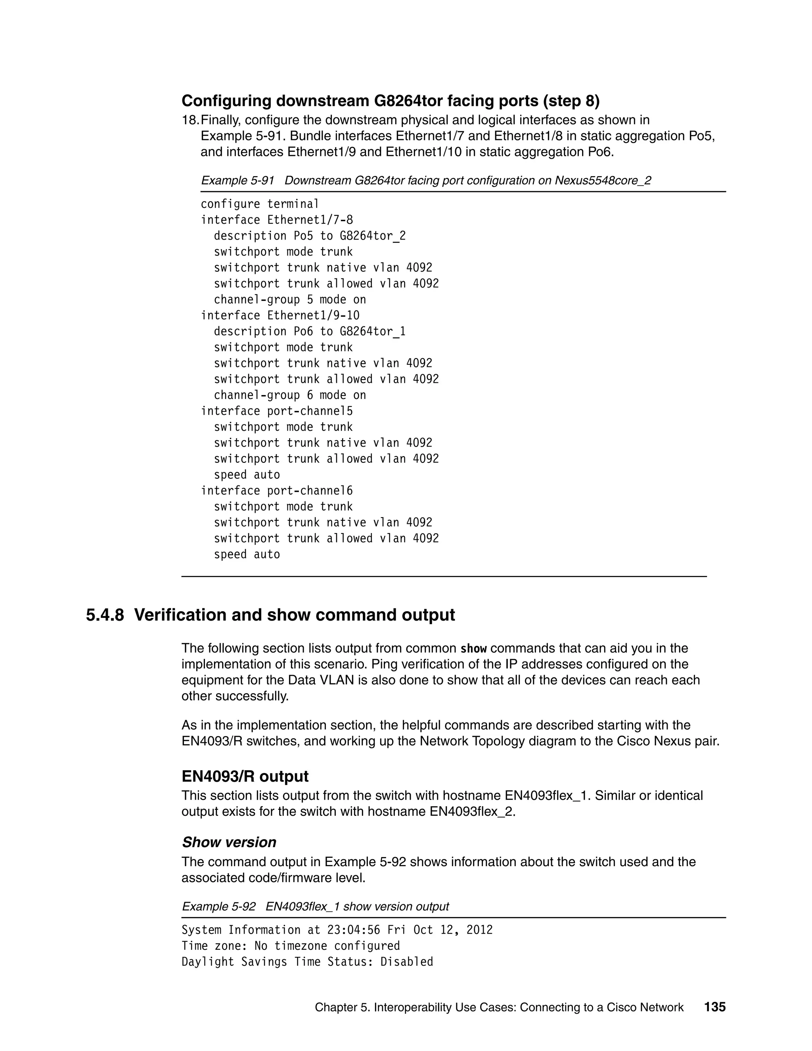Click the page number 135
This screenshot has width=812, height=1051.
coord(714,1007)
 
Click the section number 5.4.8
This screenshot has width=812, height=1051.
coord(105,615)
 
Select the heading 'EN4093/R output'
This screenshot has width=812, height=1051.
coord(245,776)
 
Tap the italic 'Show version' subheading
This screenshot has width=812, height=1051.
coord(229,842)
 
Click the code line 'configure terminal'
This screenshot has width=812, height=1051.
coord(260,204)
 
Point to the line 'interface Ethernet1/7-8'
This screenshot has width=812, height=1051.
coord(277,220)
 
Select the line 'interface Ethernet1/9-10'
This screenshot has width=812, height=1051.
coord(280,315)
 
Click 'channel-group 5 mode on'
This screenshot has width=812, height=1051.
coord(289,299)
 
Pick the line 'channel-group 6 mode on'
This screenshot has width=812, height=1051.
coord(289,395)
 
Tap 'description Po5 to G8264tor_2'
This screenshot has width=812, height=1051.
coord(309,236)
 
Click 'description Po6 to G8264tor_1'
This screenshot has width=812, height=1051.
coord(309,331)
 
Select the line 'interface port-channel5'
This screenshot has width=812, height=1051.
coord(277,411)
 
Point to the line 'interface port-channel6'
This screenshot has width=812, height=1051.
coord(277,490)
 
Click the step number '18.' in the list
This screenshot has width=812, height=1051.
coord(190,120)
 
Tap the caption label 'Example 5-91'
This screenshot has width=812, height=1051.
coord(237,180)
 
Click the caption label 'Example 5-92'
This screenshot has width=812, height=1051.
coord(218,907)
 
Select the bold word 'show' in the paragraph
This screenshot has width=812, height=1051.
coord(473,649)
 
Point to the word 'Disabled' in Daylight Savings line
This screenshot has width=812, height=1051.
coord(406,961)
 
